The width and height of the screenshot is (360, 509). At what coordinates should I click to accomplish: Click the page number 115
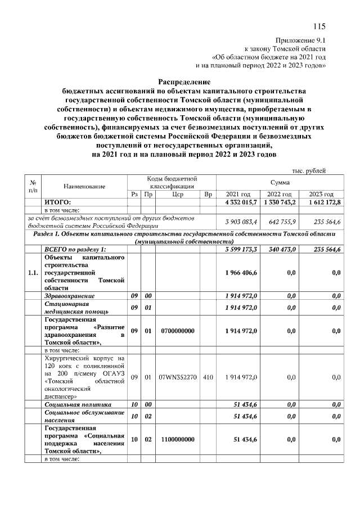pyautogui.click(x=319, y=26)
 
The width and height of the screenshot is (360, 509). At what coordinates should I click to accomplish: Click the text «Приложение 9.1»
pyautogui.click(x=301, y=40)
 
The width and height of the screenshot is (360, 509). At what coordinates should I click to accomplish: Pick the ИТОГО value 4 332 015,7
pyautogui.click(x=241, y=202)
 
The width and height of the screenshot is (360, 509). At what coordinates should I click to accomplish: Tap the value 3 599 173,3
pyautogui.click(x=241, y=249)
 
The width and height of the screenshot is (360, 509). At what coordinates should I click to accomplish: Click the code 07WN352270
pyautogui.click(x=178, y=377)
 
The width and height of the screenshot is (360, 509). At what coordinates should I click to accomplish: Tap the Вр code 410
pyautogui.click(x=208, y=377)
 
